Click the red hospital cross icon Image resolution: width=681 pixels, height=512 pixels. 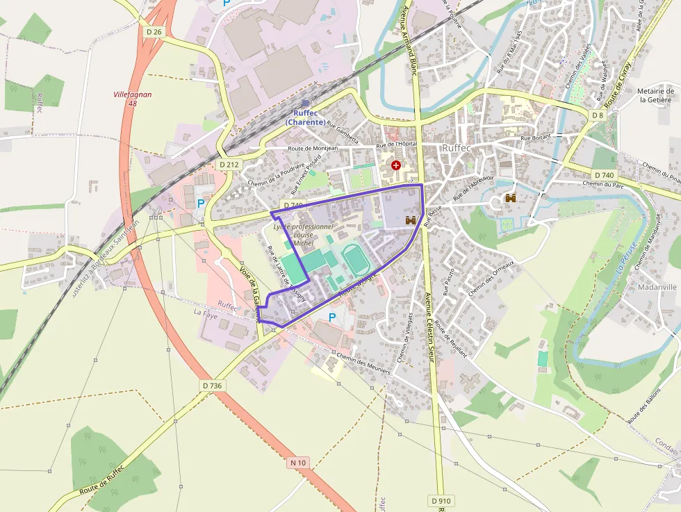click(396, 165)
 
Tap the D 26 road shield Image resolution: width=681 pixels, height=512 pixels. click(154, 31)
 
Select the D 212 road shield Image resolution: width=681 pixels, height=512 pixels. click(229, 165)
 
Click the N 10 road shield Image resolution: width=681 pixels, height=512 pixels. click(297, 462)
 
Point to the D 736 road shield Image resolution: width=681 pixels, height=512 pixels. click(213, 385)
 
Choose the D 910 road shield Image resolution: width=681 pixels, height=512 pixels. click(441, 500)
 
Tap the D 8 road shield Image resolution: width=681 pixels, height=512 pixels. click(598, 115)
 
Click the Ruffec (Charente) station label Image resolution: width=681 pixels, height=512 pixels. click(305, 117)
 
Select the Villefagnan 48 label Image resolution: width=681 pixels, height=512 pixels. click(132, 99)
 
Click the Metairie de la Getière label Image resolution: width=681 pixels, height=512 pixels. click(655, 95)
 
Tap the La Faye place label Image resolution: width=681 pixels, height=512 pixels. click(206, 315)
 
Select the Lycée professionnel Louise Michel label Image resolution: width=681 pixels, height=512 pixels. click(304, 235)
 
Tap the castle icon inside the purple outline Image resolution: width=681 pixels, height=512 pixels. click(410, 220)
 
